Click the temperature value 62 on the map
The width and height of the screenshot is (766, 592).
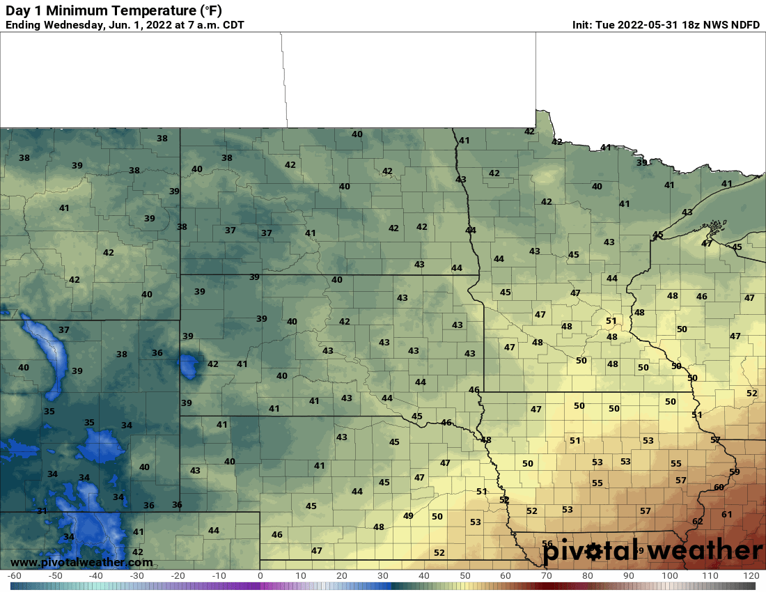coord(698,521)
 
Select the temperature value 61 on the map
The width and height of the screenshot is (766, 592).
coord(727,514)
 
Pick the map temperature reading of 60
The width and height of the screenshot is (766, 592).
coord(719,487)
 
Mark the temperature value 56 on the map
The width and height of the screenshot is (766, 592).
coord(547,544)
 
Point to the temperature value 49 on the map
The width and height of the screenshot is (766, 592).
coord(408,515)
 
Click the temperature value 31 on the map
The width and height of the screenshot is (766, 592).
coord(42,511)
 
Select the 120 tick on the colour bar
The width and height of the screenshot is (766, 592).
coord(751,576)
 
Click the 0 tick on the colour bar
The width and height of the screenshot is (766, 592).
coord(260,576)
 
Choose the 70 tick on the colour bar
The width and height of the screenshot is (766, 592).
coord(547,576)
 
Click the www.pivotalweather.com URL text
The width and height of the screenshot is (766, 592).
coord(81,562)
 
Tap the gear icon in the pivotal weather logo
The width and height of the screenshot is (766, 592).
coord(593,552)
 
